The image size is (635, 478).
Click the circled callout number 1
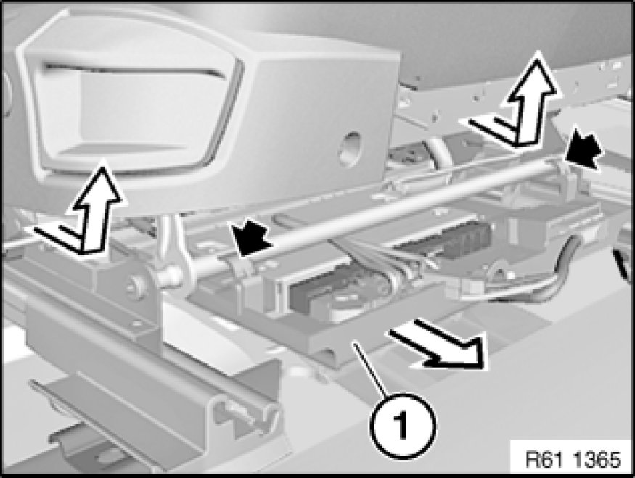401,425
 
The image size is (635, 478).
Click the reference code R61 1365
573,460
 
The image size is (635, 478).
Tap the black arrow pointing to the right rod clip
582,149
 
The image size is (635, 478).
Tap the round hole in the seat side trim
350,148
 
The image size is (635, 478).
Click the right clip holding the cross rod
569,174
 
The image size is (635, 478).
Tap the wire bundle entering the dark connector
377,259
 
